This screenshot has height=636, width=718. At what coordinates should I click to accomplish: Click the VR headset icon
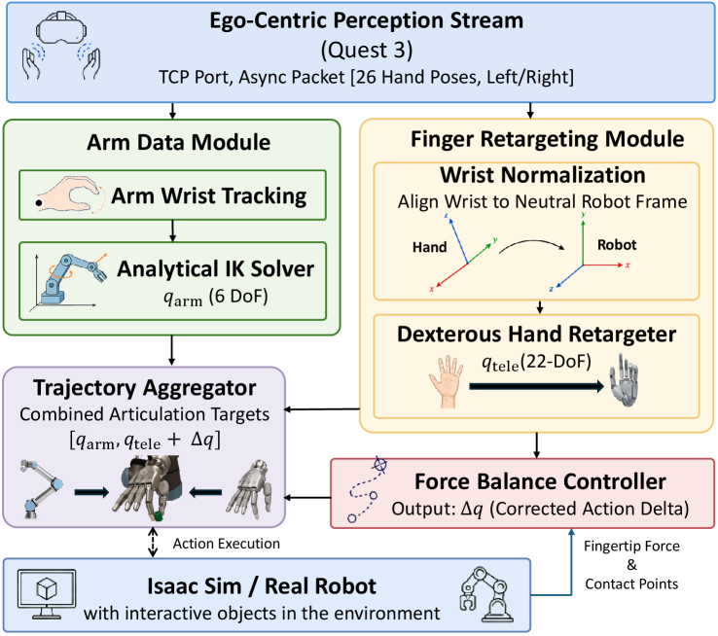click(x=61, y=27)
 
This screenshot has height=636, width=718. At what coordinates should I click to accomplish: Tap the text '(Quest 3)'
click(x=367, y=50)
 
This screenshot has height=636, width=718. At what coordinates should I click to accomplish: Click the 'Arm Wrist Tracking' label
click(x=209, y=195)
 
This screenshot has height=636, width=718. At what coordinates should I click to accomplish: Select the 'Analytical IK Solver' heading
click(x=216, y=268)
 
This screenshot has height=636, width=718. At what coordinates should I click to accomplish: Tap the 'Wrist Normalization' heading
click(x=543, y=175)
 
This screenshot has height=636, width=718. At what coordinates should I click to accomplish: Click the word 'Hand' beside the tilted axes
click(x=429, y=247)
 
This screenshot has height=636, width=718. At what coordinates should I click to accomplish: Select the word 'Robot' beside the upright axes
click(x=617, y=245)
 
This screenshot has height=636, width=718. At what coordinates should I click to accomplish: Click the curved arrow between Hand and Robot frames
click(x=531, y=241)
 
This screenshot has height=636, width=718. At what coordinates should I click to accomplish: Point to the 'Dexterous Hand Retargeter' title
click(x=536, y=334)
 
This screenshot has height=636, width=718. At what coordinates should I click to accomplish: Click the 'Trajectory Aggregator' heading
click(x=144, y=388)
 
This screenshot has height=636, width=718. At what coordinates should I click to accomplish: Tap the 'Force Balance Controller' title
click(x=540, y=481)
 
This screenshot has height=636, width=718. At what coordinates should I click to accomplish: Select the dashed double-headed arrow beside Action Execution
click(x=153, y=543)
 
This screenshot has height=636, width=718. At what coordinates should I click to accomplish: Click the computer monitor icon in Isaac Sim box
click(x=47, y=594)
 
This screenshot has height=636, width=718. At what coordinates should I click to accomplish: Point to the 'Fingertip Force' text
click(x=631, y=546)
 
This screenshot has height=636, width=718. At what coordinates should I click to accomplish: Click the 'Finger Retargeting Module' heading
click(x=547, y=139)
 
